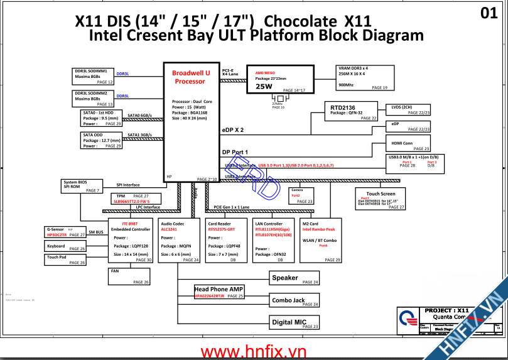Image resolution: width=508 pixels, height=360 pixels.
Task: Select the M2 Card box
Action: [x=321, y=241]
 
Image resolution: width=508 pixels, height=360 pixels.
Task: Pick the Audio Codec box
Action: [x=179, y=241]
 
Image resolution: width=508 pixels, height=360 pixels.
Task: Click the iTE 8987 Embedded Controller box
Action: [x=130, y=241]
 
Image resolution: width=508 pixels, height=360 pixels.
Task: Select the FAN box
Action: [x=129, y=276]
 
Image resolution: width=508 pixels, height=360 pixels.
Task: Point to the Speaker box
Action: [x=295, y=278]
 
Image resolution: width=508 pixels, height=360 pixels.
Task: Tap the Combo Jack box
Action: [x=295, y=301]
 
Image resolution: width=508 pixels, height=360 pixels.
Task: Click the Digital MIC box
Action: [x=295, y=323]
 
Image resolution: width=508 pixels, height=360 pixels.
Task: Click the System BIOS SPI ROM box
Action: [x=82, y=186]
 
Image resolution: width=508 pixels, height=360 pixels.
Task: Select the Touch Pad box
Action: [x=65, y=259]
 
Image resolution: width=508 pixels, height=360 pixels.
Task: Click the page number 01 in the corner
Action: [x=489, y=13]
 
